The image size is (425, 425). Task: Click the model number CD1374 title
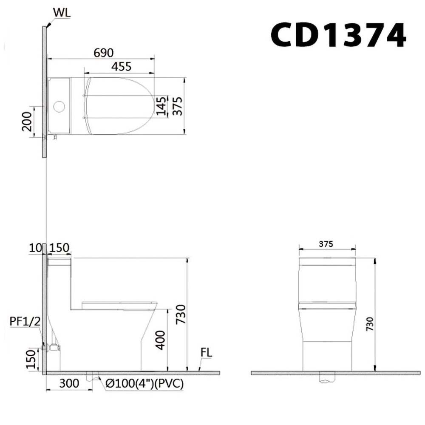(x=338, y=35)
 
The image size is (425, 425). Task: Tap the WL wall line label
(x=62, y=12)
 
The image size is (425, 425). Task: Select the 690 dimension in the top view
(x=104, y=53)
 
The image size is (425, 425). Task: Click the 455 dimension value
(x=122, y=66)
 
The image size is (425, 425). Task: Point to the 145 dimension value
(x=161, y=106)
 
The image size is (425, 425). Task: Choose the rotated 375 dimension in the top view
(x=178, y=106)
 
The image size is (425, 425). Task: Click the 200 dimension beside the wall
(x=27, y=122)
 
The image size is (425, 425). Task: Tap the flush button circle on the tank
(x=59, y=106)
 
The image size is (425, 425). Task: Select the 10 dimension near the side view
(x=36, y=248)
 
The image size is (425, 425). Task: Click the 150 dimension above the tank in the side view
(x=59, y=248)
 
